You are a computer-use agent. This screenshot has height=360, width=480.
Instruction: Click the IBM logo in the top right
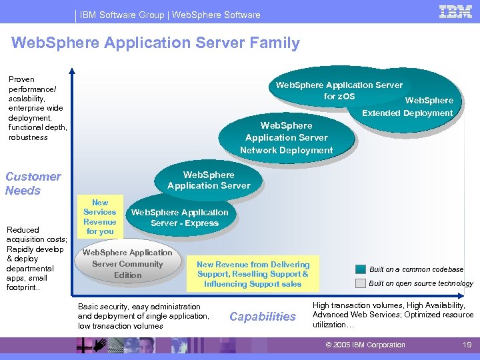point(455,12)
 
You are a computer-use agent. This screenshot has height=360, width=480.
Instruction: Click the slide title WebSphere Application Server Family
point(156,43)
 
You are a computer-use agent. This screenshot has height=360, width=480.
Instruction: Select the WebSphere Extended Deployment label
point(407,107)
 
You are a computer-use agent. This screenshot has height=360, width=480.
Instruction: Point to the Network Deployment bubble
point(287,138)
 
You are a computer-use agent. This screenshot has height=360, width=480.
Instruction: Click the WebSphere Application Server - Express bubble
point(180,217)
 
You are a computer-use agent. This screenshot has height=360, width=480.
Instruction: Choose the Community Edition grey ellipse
point(127,263)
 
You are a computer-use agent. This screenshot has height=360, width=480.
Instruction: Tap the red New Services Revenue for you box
point(100,217)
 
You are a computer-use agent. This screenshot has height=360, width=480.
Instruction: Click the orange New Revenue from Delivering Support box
point(253,274)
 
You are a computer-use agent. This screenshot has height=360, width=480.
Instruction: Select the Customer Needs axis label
point(33,183)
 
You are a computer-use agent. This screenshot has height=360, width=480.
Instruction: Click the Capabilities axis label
point(262,317)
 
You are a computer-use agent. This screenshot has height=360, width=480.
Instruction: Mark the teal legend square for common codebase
point(360,269)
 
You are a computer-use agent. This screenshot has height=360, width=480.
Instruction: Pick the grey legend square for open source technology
point(360,283)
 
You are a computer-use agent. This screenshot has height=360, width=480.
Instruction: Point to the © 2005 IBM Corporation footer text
point(365,345)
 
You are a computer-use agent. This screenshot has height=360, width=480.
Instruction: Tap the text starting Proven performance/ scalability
point(37,108)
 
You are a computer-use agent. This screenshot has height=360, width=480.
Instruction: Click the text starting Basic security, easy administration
point(143,316)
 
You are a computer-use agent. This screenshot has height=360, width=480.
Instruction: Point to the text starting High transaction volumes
point(393,314)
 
